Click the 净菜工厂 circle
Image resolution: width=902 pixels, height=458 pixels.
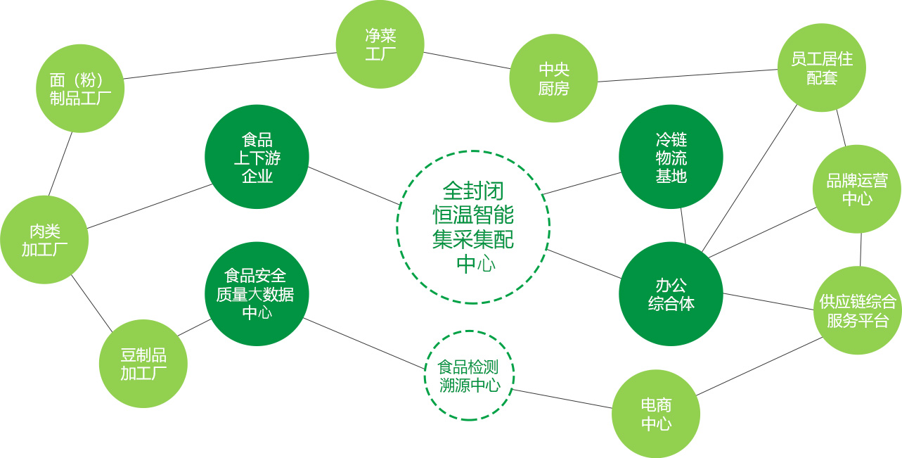380,44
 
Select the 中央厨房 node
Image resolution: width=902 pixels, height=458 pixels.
553,78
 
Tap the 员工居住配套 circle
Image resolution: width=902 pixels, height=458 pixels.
821,68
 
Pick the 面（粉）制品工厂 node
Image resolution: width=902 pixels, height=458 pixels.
80,89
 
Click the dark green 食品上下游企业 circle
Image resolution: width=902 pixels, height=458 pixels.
257,157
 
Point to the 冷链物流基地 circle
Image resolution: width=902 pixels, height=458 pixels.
671,157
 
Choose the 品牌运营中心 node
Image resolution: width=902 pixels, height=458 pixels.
856,189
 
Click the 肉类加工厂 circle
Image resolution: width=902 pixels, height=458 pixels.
44,240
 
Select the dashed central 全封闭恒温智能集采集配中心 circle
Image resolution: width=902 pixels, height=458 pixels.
473,227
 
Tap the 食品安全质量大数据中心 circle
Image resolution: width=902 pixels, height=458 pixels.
257,293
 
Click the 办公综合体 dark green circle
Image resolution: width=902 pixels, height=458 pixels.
671,293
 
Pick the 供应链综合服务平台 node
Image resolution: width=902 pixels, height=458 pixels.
858,310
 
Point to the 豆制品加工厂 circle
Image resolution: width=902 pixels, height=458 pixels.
143,363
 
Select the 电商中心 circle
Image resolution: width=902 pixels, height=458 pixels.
656,414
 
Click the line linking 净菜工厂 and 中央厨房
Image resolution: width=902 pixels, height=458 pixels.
467,61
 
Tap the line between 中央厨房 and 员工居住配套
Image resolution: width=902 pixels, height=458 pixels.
688,76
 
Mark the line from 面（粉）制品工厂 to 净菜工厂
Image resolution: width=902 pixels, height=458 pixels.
229,65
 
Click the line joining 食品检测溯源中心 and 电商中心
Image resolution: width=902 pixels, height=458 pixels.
562,399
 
